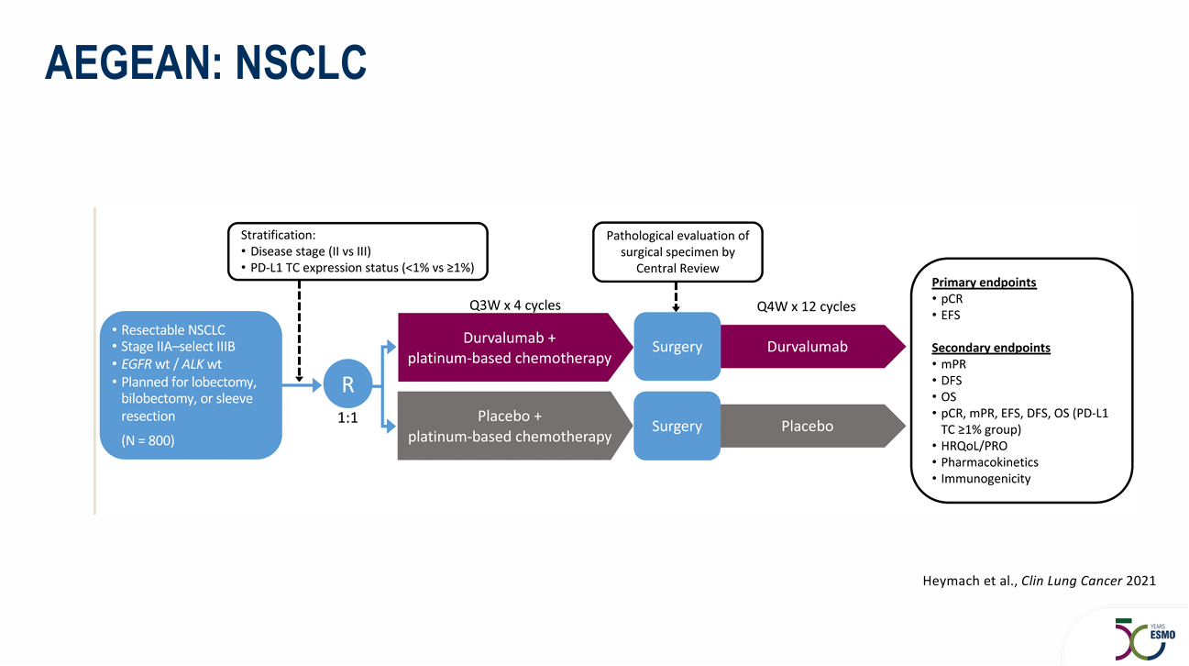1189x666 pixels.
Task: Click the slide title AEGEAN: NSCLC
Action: coord(206,61)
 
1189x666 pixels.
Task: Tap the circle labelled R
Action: coord(348,385)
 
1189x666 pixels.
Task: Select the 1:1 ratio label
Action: coord(348,419)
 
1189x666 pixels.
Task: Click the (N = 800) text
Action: coord(148,441)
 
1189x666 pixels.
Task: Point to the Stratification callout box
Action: coord(358,251)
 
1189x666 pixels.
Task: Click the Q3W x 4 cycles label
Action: coord(509,305)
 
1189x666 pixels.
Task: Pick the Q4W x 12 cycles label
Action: coord(806,306)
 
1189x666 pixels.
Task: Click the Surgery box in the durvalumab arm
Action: coord(677,347)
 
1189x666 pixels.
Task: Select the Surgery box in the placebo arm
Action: coord(677,427)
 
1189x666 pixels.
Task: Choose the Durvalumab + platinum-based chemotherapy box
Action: coord(510,348)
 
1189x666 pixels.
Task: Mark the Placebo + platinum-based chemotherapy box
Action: coord(510,427)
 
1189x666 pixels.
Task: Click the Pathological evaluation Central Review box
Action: coord(677,251)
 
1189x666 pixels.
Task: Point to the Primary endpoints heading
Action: coord(984,283)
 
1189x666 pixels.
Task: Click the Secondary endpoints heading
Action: coord(990,348)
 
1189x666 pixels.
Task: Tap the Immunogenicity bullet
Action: coord(985,479)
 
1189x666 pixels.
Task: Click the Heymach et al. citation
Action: coord(1038,581)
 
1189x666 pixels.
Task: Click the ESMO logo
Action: coord(1139,637)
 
